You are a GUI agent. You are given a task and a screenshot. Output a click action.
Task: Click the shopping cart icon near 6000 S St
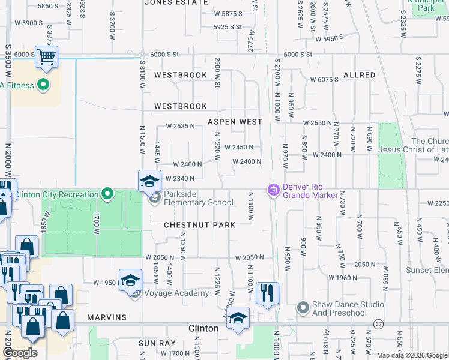coord(46,58)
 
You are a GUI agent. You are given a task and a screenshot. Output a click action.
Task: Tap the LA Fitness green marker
coord(43,85)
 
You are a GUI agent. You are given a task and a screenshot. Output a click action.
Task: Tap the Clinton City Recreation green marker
coord(107,194)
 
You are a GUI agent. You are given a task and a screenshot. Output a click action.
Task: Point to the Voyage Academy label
coord(177,293)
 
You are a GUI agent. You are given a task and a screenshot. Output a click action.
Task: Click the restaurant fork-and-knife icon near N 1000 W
coord(267,293)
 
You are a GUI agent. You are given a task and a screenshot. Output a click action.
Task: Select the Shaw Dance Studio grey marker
coord(303,308)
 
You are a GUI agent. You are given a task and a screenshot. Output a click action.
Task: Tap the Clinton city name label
coord(203,328)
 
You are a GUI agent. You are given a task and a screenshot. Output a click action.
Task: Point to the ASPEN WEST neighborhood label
coord(235,122)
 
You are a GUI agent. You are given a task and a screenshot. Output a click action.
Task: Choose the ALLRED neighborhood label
coord(359,75)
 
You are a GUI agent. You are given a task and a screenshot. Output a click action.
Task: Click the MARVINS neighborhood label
coord(106,317)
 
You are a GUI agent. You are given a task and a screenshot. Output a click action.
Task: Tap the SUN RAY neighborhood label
coord(157,343)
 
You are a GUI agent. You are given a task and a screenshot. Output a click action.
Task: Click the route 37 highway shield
coord(378,323)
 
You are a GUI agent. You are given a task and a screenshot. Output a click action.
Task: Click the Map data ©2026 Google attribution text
coord(411,355)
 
